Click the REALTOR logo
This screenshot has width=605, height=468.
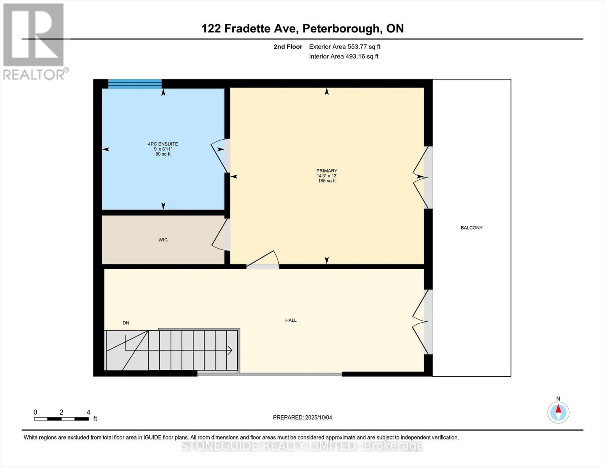[34, 41]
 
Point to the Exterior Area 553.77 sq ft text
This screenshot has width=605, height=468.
[344, 47]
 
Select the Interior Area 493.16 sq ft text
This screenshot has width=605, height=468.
[344, 57]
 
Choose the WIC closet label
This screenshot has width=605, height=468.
[163, 240]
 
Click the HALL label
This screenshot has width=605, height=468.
[291, 320]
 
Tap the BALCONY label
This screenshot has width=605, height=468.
[471, 228]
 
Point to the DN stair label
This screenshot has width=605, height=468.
[126, 323]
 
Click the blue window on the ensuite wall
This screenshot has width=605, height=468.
[134, 84]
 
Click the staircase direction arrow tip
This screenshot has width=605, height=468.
[231, 350]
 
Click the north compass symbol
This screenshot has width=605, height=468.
[558, 412]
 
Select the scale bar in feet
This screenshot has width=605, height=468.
[61, 419]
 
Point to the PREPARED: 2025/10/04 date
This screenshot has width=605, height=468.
[302, 418]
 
